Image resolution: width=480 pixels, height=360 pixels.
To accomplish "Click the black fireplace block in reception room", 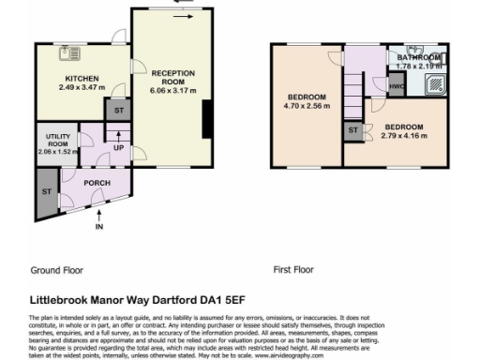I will click(206, 117).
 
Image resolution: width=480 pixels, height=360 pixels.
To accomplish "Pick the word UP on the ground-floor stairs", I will click(118, 148).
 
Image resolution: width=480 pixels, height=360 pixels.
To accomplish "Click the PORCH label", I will click(97, 183).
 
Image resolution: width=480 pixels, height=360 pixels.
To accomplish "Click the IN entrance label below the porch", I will click(98, 227).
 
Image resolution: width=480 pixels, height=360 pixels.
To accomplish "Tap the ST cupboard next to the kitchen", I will click(118, 111).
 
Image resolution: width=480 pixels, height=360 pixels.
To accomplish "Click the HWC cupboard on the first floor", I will click(396, 87).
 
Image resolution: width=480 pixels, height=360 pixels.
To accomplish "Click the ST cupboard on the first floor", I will click(353, 130).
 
